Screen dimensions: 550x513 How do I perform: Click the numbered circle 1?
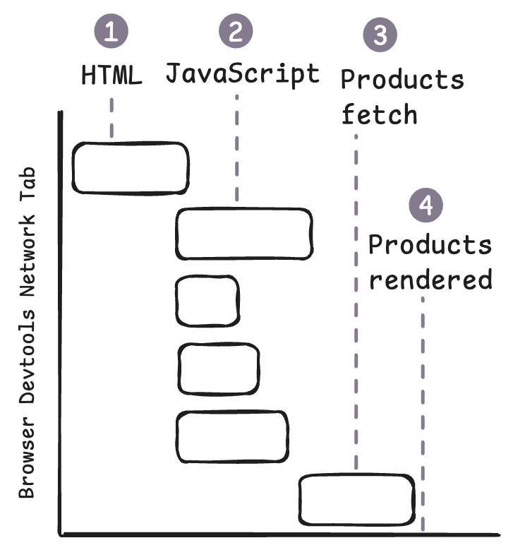pos(111,32)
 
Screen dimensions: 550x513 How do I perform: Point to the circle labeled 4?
pos(426,205)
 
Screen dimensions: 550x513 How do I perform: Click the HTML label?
pos(111,75)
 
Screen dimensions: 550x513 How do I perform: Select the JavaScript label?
pos(242,73)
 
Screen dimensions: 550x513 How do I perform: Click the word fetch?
pos(379,114)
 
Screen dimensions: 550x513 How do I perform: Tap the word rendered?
pos(430,280)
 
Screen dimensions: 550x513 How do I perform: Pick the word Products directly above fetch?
pos(402,79)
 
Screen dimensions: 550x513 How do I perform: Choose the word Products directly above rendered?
pos(430,245)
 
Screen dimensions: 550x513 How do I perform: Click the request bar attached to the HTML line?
pos(131,167)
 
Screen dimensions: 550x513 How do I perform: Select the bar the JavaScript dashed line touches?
pos(244,234)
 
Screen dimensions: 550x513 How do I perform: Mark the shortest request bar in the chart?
pos(207,301)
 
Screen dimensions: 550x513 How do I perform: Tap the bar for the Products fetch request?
pos(356,499)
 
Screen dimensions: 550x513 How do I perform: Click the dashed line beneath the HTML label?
pos(111,116)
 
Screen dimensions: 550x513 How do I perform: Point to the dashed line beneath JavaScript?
pos(236,148)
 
